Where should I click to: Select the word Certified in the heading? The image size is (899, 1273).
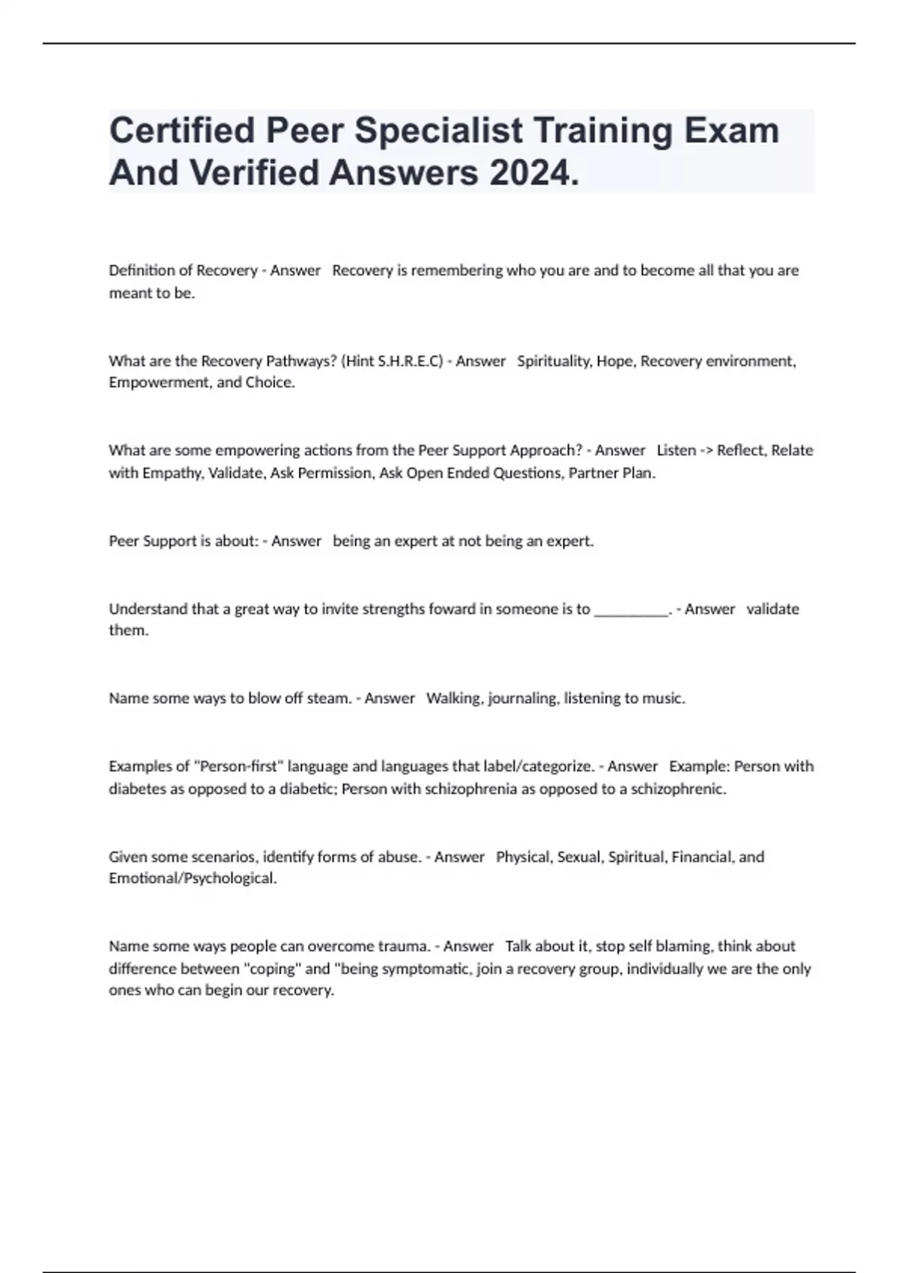pyautogui.click(x=182, y=130)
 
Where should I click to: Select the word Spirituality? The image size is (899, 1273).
pyautogui.click(x=554, y=361)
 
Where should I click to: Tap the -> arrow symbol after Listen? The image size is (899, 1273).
pyautogui.click(x=706, y=451)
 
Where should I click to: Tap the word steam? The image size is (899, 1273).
pyautogui.click(x=329, y=699)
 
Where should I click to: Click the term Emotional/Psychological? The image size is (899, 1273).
pyautogui.click(x=193, y=878)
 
